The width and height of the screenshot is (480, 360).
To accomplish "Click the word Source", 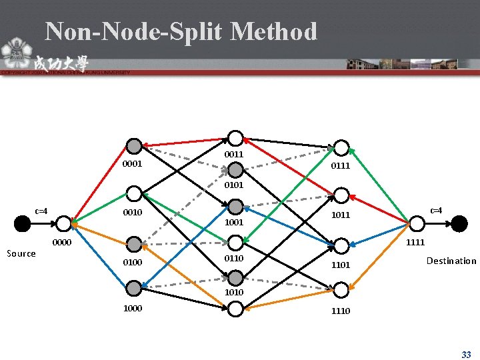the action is coord(21,253).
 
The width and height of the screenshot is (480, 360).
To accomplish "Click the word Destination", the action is coord(451,261).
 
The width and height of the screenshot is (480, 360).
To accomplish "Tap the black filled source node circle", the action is coord(23,223).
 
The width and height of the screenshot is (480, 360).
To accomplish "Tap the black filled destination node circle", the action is coord(459,223).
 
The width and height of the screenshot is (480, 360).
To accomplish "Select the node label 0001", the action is coord(132,163).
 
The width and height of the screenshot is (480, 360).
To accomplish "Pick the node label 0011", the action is coord(234,154).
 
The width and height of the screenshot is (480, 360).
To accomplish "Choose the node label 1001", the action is coord(234,222).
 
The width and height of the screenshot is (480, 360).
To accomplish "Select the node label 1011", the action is coord(341,215).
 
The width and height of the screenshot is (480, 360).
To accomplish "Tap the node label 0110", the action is coord(234,258).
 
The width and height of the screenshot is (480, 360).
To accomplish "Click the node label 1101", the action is coord(341,265).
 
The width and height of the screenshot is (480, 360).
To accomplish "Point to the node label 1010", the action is coord(234,292).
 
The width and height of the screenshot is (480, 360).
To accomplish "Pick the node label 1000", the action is coord(132,309).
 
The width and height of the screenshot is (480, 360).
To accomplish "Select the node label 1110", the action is coord(341,311).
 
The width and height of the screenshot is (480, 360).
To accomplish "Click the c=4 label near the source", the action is coord(41,211).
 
